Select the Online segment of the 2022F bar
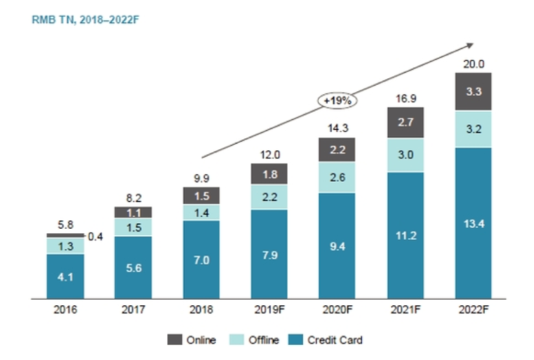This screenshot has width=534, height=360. pos(473,92)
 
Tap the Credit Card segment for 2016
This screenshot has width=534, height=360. pos(66,276)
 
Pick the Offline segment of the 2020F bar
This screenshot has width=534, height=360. pos(337,178)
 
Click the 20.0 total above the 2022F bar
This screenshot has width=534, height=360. pos(473,63)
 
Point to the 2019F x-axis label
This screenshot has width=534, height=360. pos(269,310)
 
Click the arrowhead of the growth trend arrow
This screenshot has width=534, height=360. pos(470,44)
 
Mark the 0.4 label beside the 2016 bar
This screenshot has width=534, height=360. pos(95,235)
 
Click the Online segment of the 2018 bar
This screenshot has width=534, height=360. pos(201,196)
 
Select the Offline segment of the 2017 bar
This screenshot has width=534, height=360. pos(133,227)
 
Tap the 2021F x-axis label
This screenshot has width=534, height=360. pos(405,310)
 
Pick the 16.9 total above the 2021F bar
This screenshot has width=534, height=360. pos(405,98)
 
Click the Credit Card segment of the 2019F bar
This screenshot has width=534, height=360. pos(269,254)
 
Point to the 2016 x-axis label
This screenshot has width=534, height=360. pos(66,310)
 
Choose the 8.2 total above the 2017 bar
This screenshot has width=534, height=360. pos(133,198)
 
